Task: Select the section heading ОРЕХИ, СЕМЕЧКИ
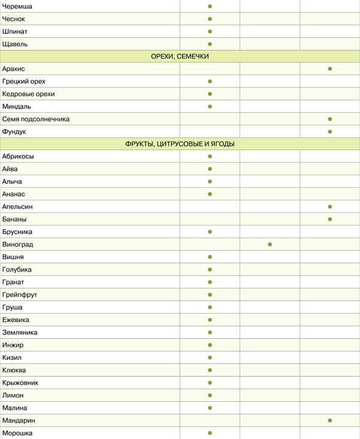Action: [x=180, y=56]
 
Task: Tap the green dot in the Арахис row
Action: [x=330, y=69]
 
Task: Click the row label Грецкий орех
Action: [x=24, y=81]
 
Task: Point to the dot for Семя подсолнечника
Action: [x=330, y=119]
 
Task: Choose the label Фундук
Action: [x=14, y=131]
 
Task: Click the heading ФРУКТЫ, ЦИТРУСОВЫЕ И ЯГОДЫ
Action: [x=180, y=144]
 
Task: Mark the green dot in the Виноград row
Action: [x=270, y=244]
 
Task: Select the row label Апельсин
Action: [x=18, y=206]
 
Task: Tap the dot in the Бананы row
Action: [x=330, y=219]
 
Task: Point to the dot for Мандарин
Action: [x=330, y=420]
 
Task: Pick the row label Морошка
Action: [x=17, y=432]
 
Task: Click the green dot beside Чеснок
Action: [x=210, y=19]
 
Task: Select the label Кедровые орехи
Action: [x=28, y=94]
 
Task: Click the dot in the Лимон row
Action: [x=210, y=395]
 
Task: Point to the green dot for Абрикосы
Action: [x=210, y=156]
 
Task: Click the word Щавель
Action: [x=15, y=44]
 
